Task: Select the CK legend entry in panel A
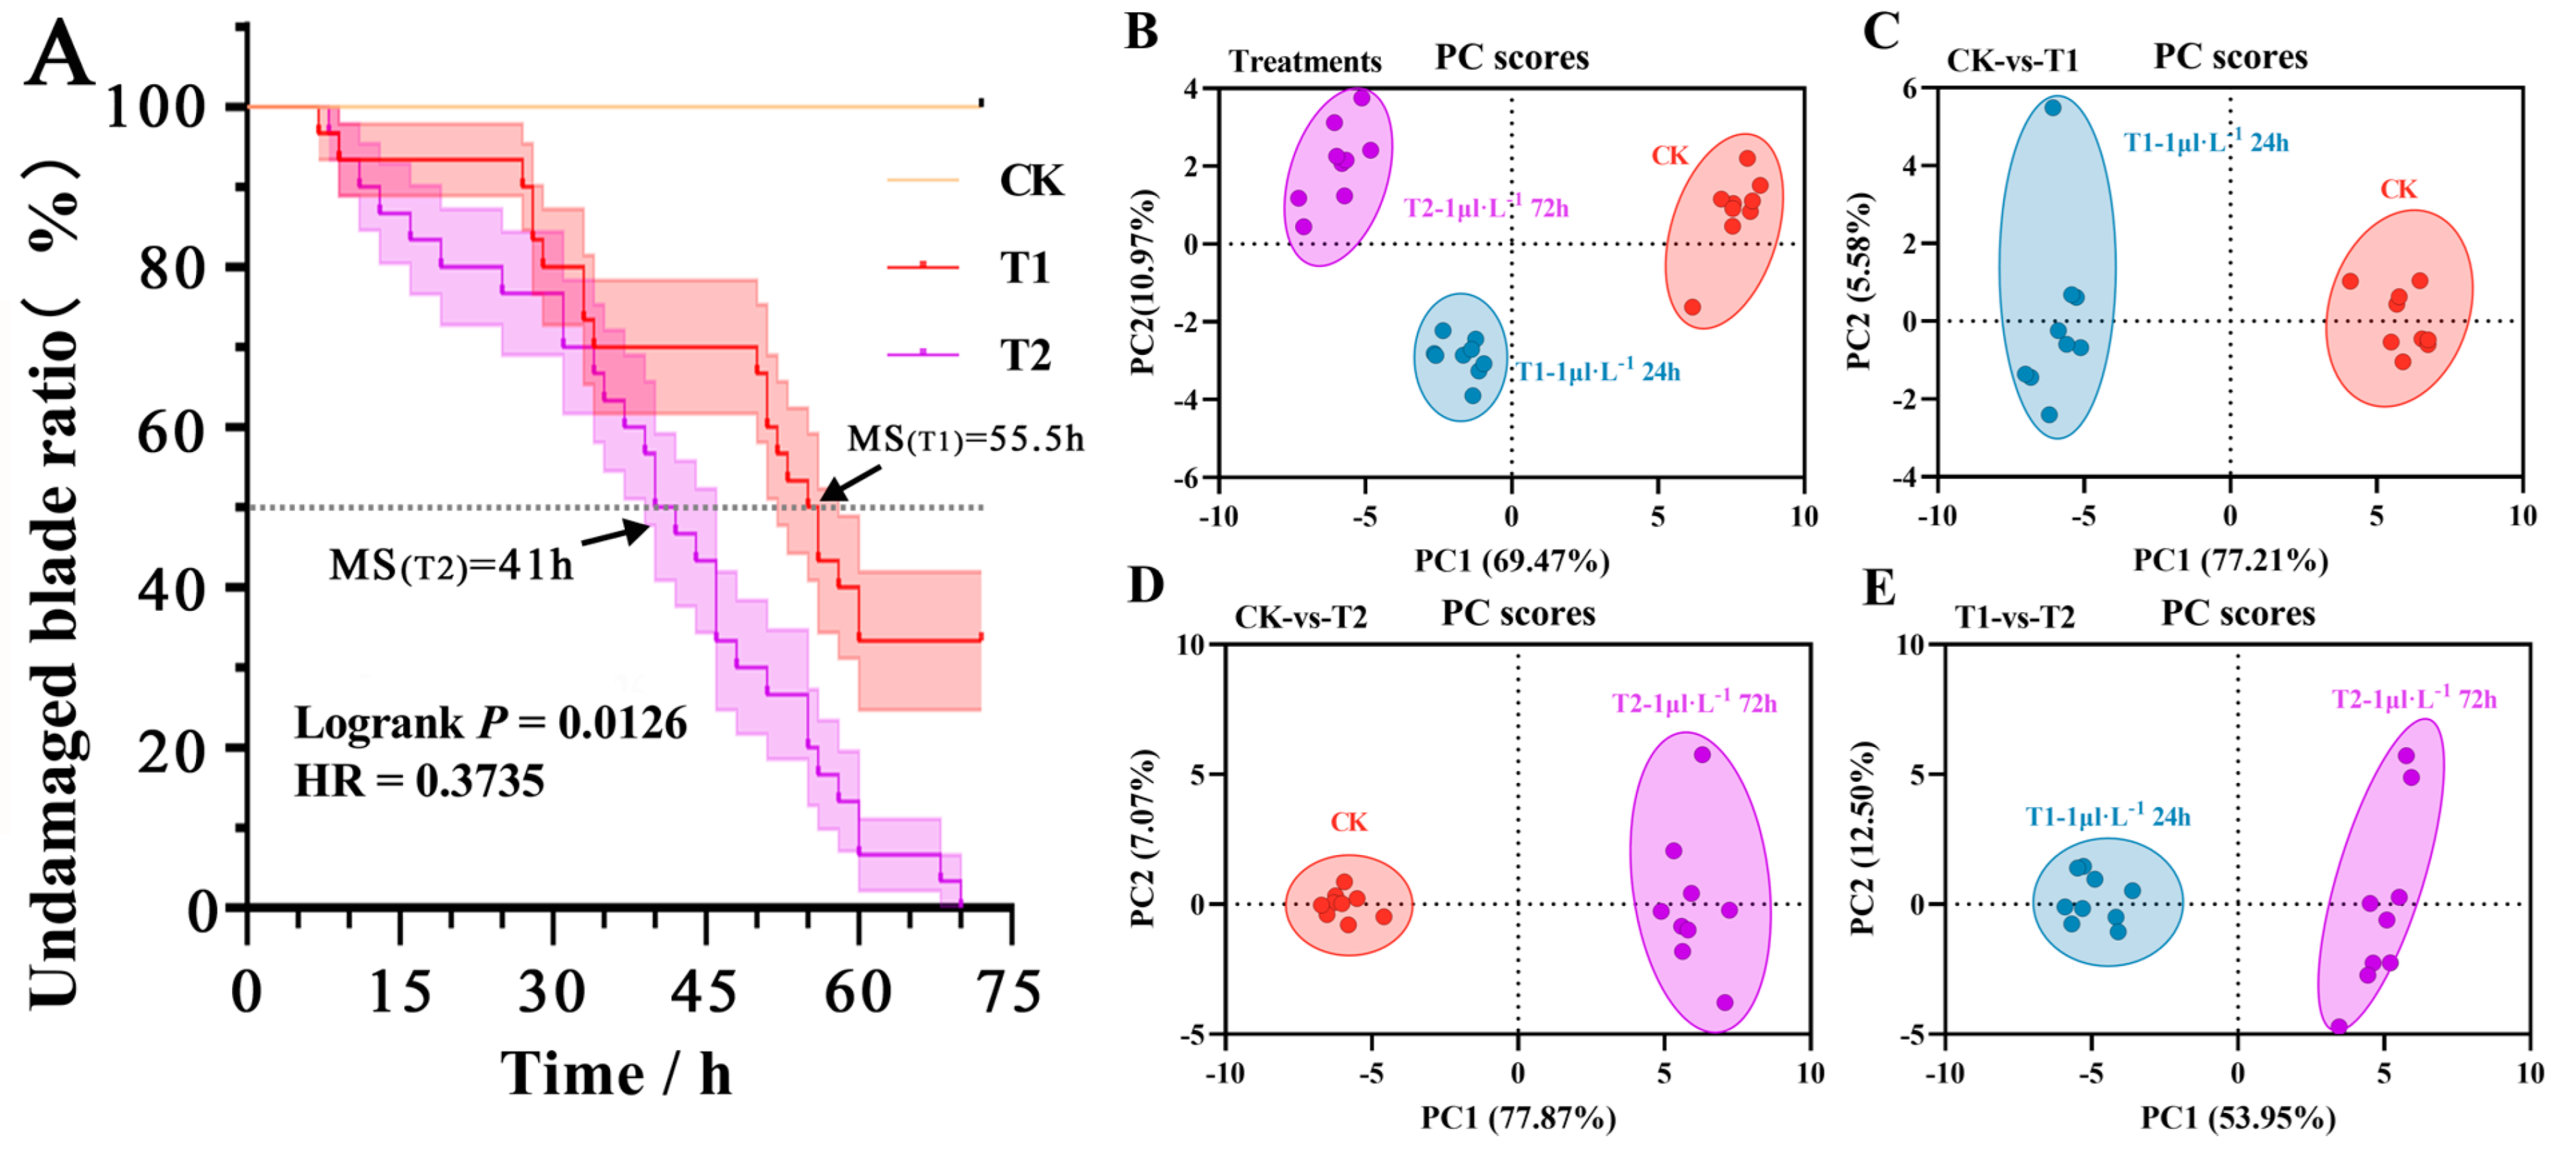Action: coord(1031,181)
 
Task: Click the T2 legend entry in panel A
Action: coord(1024,354)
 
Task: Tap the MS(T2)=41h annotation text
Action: coord(451,565)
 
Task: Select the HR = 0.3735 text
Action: coord(419,781)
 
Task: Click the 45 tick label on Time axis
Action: coord(704,991)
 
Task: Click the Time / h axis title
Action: coord(616,1074)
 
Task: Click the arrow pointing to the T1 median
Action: coord(850,484)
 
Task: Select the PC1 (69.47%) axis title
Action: coord(1511,561)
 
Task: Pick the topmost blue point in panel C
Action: coord(2052,108)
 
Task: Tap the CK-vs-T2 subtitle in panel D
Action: coord(1300,618)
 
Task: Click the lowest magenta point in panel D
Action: coord(1724,1002)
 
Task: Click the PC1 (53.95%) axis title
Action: coord(2238,1118)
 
